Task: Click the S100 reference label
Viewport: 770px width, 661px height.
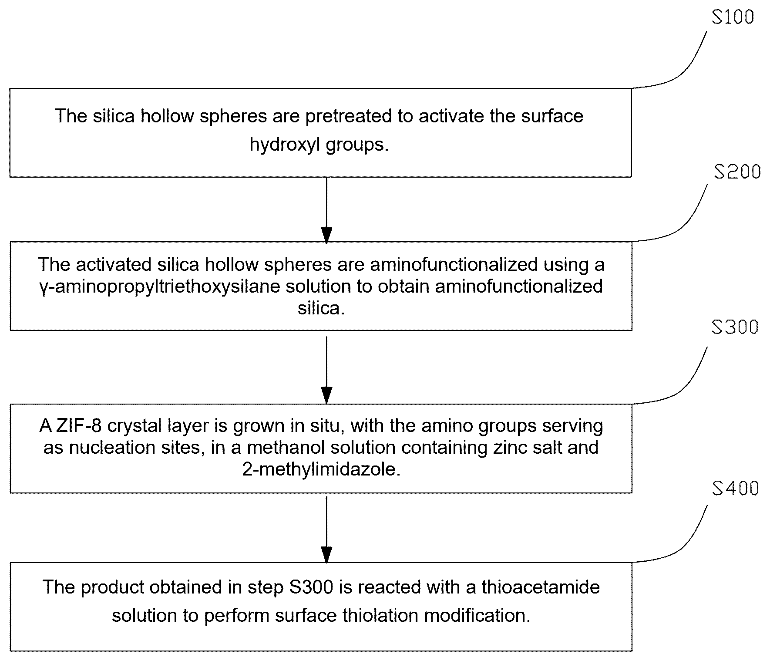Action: (733, 17)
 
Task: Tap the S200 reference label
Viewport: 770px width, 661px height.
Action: (737, 172)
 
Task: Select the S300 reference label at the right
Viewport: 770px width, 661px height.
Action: (735, 327)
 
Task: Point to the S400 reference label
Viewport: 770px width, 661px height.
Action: (736, 488)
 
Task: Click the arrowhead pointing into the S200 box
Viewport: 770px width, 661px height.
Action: (326, 235)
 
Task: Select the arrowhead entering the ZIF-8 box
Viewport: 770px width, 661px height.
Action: (326, 396)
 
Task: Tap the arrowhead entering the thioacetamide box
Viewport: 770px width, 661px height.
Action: (326, 555)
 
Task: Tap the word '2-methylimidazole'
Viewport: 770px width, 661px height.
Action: (321, 469)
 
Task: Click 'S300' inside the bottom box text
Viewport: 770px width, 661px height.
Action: (311, 587)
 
